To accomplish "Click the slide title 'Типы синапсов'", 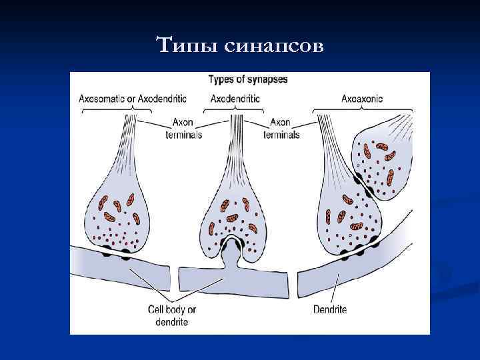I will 239,46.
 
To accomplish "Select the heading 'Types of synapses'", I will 248,80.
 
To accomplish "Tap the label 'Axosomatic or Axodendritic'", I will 133,99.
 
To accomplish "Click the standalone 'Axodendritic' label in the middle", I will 235,99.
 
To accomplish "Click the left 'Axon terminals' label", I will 183,129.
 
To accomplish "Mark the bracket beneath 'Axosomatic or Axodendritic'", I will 133,109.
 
